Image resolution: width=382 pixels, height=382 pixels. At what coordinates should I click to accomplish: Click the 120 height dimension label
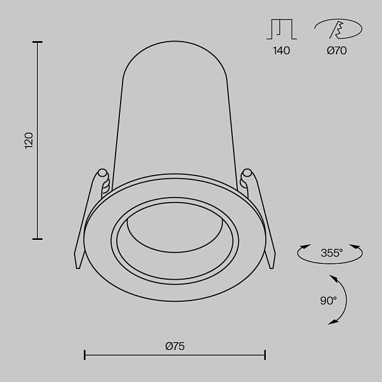tap(29, 141)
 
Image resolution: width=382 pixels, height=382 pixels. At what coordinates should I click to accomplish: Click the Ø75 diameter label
tap(175, 346)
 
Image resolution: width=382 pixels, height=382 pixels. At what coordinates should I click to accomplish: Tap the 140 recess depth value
tap(282, 51)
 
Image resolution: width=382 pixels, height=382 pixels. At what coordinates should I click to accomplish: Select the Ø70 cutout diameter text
tap(337, 51)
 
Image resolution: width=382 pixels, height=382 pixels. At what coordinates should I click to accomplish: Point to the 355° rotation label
tap(331, 253)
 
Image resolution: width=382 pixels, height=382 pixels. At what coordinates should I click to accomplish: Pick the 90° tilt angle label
tap(328, 301)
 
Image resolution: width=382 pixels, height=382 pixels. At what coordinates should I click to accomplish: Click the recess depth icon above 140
tap(282, 29)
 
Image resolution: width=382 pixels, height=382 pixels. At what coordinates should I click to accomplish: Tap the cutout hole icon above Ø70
tap(338, 29)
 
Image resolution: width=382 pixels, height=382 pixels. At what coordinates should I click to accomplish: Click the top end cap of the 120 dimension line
tap(37, 42)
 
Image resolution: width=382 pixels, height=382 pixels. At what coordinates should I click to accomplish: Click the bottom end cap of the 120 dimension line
tap(37, 239)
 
